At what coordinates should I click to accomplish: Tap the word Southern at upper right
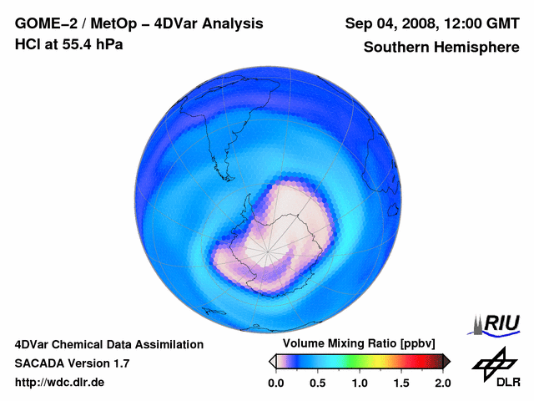(399, 48)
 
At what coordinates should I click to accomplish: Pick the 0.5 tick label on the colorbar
(317, 383)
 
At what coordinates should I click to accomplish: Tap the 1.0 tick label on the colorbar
(360, 383)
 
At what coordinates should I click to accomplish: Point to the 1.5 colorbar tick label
(401, 383)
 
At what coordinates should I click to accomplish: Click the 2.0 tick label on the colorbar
(443, 383)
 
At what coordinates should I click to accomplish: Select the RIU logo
(497, 323)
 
